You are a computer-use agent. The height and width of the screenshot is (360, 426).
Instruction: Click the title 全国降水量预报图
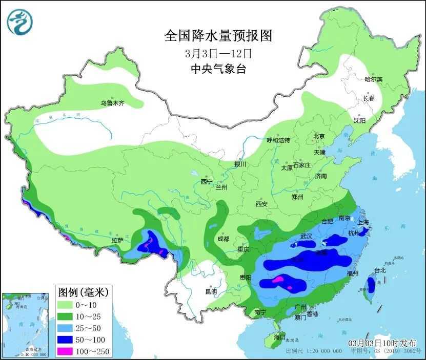click(x=218, y=36)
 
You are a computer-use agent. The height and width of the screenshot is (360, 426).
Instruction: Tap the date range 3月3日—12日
click(x=218, y=53)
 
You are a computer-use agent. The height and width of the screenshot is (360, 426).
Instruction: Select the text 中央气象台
click(x=218, y=69)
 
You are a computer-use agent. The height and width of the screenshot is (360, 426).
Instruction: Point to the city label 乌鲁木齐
click(x=112, y=103)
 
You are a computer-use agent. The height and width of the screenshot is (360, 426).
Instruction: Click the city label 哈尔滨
click(x=373, y=79)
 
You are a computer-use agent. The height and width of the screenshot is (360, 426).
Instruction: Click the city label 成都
click(x=223, y=239)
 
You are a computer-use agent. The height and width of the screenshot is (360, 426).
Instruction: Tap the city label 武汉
click(x=306, y=236)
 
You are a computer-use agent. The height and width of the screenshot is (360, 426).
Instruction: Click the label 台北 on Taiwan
click(x=380, y=270)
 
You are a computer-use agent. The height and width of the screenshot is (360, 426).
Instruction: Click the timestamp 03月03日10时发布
click(x=382, y=343)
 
